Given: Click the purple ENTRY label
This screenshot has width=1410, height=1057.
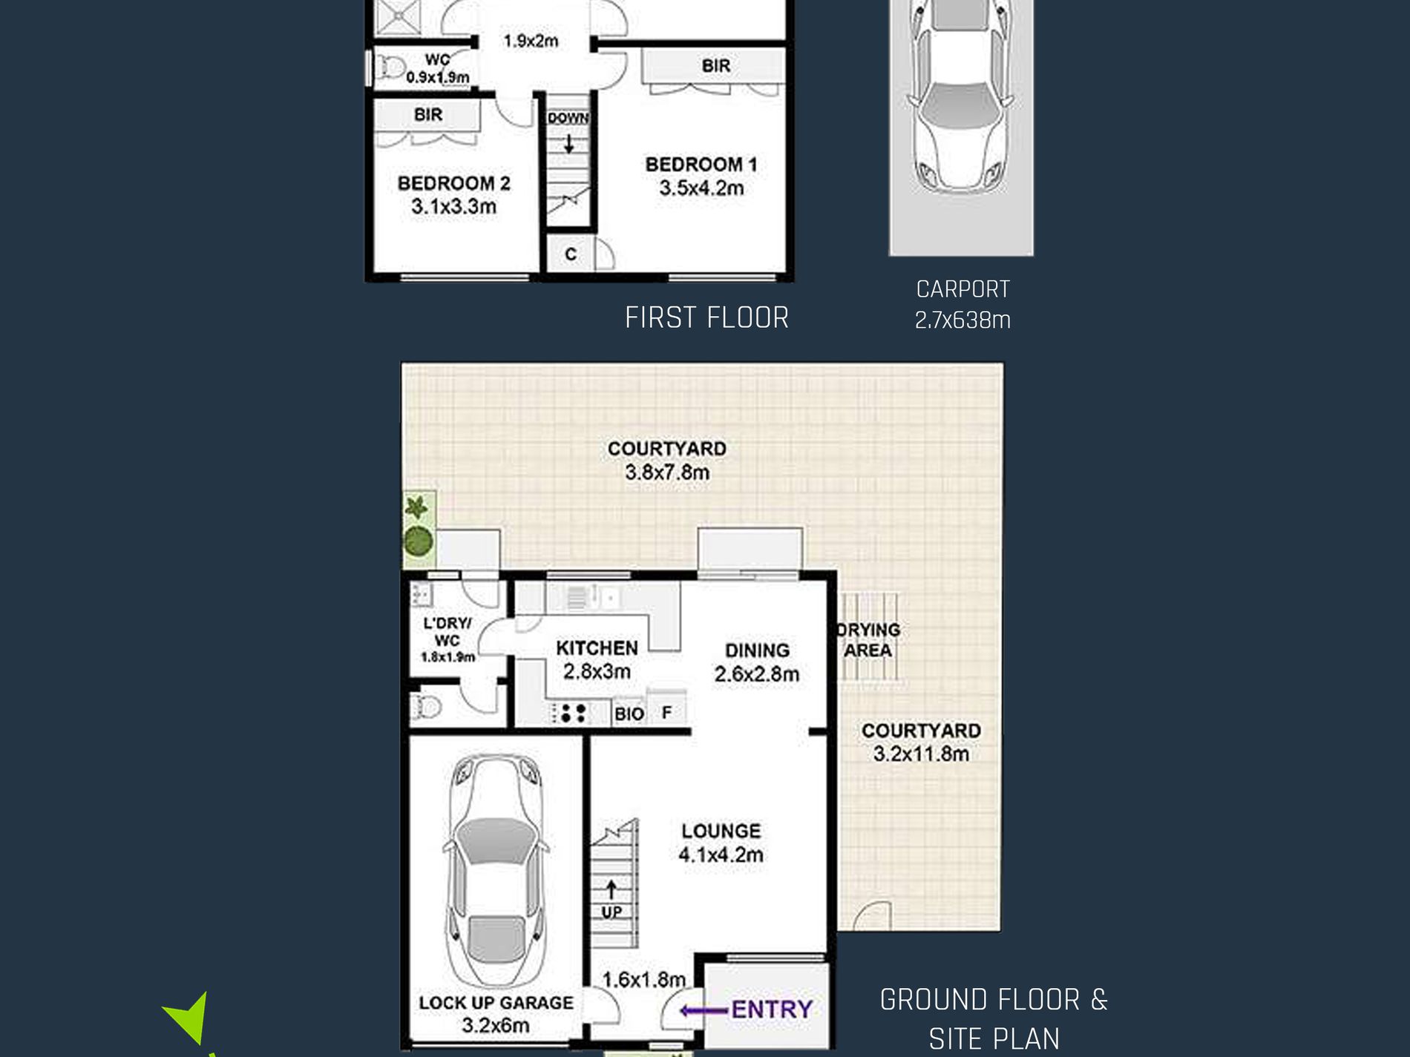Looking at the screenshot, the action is [x=771, y=1010].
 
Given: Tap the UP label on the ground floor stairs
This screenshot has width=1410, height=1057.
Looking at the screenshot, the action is [x=611, y=912].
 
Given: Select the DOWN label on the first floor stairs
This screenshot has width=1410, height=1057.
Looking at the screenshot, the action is [x=568, y=118].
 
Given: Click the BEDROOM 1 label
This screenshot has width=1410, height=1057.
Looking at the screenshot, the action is [x=701, y=165].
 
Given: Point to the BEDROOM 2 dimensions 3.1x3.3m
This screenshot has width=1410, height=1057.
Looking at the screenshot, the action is [x=454, y=207].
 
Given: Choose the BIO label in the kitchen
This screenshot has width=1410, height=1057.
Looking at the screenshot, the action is [x=629, y=714].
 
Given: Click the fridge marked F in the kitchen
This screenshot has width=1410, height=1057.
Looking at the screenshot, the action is [x=666, y=712].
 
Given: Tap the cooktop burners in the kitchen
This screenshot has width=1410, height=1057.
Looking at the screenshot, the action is [x=570, y=713].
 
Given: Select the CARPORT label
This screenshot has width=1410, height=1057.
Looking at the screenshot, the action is [x=963, y=289].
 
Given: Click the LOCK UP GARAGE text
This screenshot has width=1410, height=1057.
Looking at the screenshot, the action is [x=496, y=1003].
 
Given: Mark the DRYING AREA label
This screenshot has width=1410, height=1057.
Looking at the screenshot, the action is [x=868, y=640].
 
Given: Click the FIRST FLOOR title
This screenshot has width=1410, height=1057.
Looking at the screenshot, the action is [x=706, y=318].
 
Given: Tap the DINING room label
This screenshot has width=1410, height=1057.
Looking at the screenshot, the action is [x=757, y=651].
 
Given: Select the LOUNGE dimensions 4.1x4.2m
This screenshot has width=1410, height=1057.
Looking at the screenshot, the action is [x=721, y=855].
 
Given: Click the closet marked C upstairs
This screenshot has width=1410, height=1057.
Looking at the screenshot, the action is [x=570, y=254].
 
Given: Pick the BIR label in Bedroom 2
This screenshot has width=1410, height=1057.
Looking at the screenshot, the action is [x=428, y=115].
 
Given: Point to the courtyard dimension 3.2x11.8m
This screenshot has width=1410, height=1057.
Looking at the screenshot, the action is [x=921, y=754].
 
